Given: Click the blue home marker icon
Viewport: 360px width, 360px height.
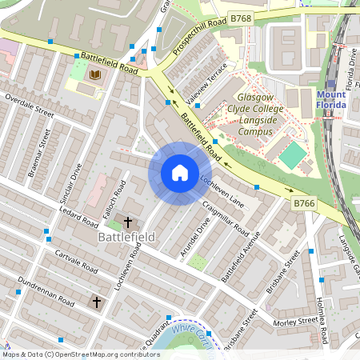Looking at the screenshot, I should (179, 173).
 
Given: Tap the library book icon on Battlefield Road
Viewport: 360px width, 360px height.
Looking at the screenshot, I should (95, 75).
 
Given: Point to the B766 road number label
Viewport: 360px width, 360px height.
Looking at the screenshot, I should (303, 204).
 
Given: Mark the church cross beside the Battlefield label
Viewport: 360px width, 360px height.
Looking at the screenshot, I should (127, 222).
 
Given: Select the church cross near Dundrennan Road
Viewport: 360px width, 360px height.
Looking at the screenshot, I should (97, 302).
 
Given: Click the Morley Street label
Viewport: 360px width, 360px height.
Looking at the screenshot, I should (296, 321).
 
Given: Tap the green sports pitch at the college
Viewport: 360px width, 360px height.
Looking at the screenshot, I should (293, 154).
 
